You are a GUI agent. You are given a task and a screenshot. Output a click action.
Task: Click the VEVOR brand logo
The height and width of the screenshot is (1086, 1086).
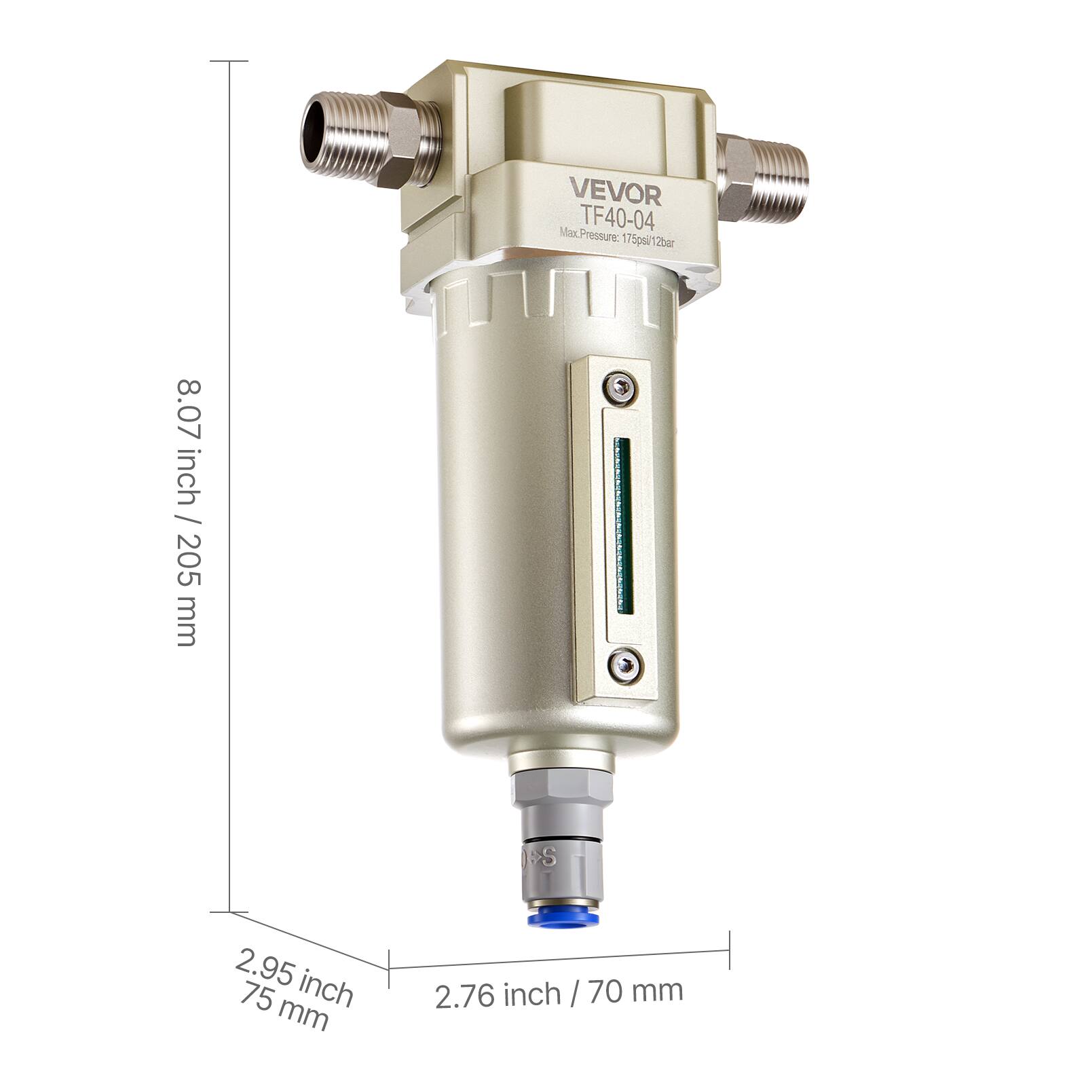[x=614, y=191]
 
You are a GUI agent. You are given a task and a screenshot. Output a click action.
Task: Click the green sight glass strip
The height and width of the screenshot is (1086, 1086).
[x=622, y=526]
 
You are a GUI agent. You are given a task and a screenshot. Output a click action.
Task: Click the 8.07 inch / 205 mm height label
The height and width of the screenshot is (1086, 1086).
[x=187, y=512]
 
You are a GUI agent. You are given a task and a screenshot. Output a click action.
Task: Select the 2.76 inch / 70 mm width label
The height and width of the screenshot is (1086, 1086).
[x=559, y=993]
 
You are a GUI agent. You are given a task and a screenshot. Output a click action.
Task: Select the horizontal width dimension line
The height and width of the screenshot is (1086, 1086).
[x=559, y=959]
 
